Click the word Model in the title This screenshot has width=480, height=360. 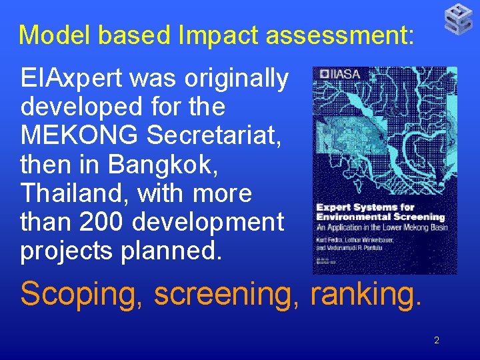pyautogui.click(x=50, y=35)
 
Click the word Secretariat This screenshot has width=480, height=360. pyautogui.click(x=214, y=135)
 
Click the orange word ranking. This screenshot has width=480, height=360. pyautogui.click(x=367, y=294)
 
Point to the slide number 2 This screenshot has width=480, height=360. pyautogui.click(x=437, y=340)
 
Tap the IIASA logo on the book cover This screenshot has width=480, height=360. pyautogui.click(x=340, y=74)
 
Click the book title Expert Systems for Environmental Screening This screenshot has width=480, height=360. pyautogui.click(x=380, y=212)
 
